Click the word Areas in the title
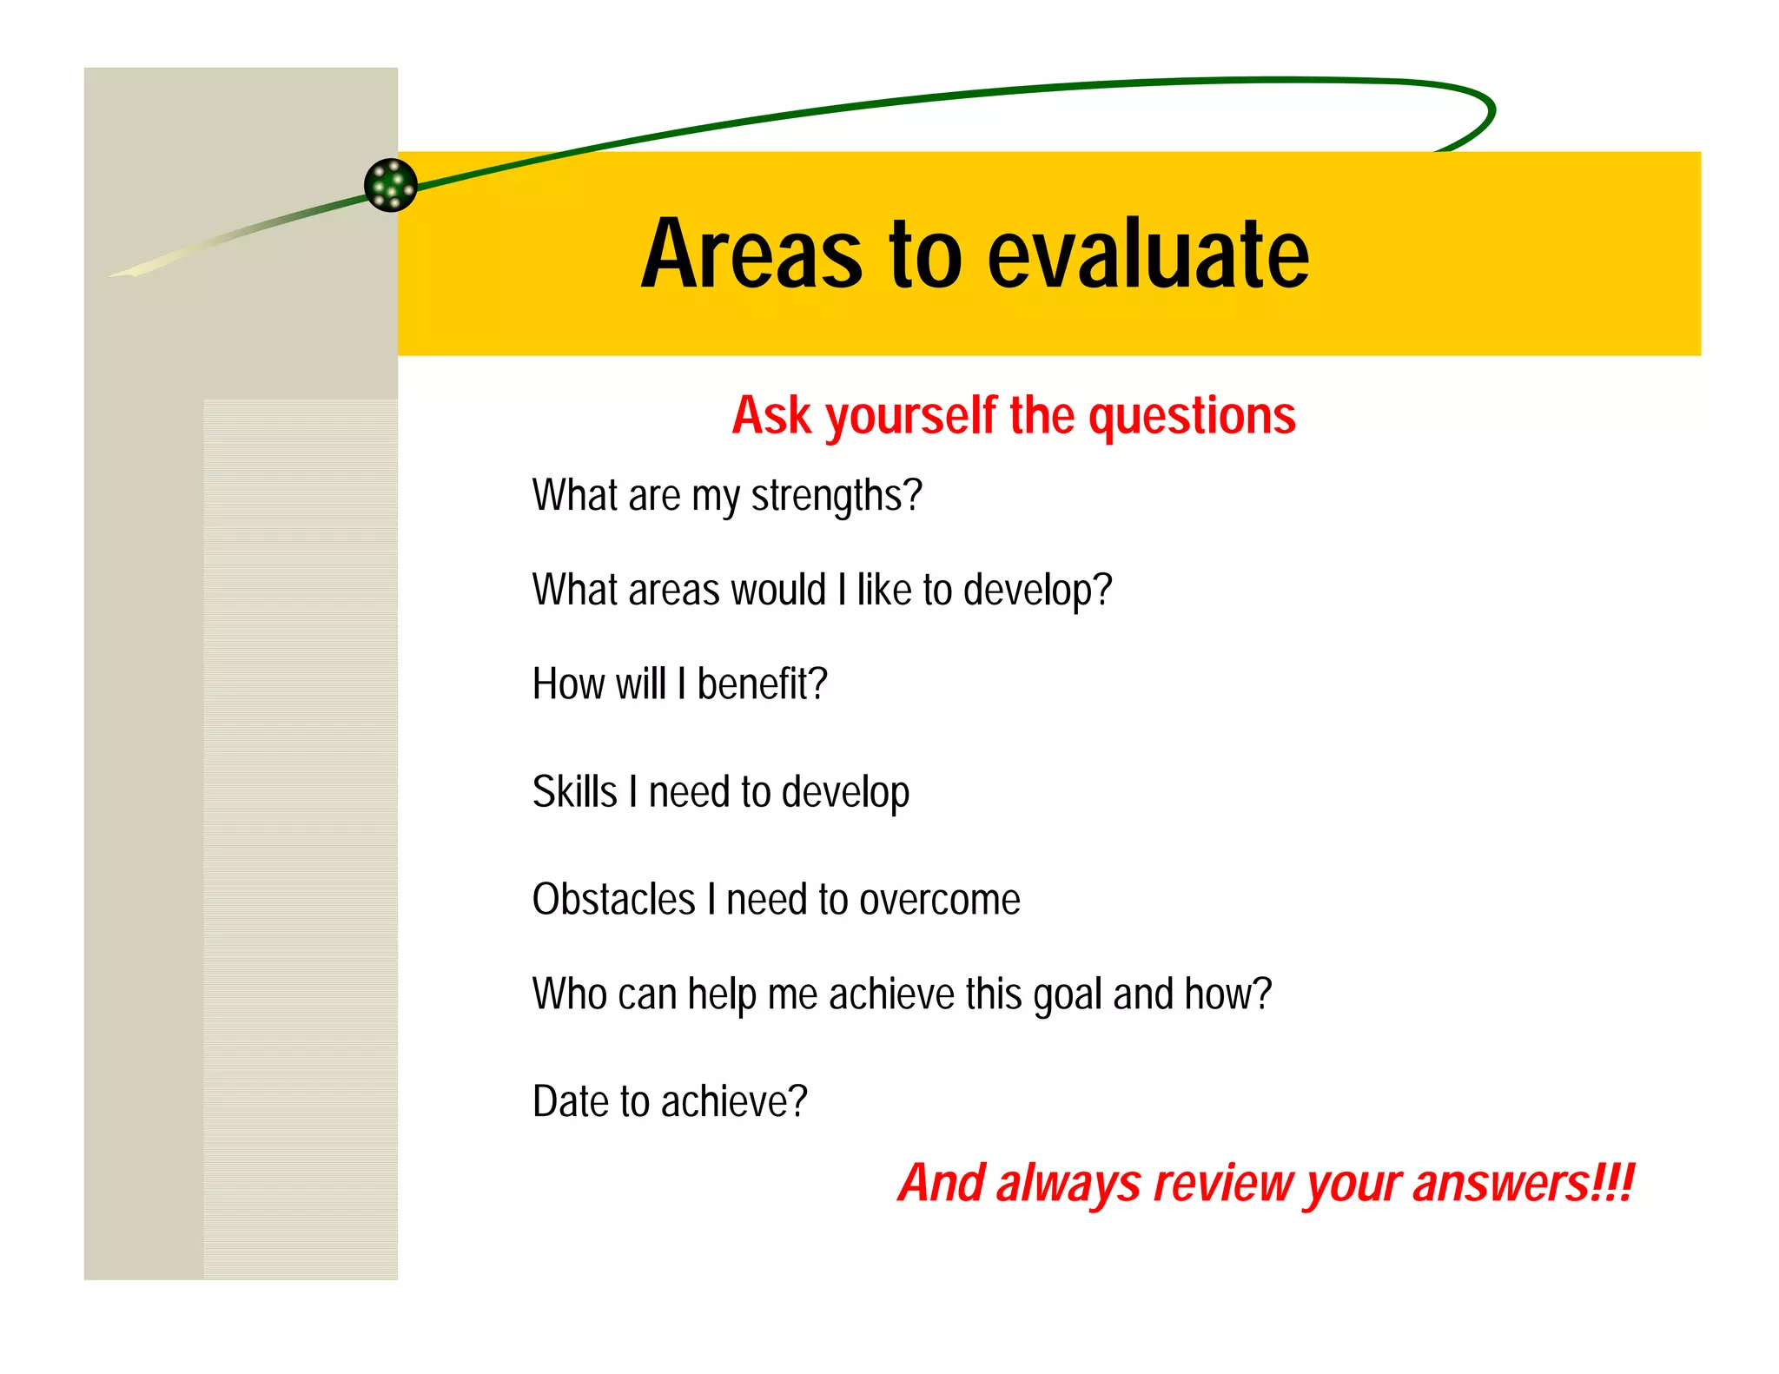point(752,254)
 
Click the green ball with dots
point(391,185)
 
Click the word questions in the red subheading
point(1192,417)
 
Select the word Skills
point(574,792)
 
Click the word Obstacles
point(613,900)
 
